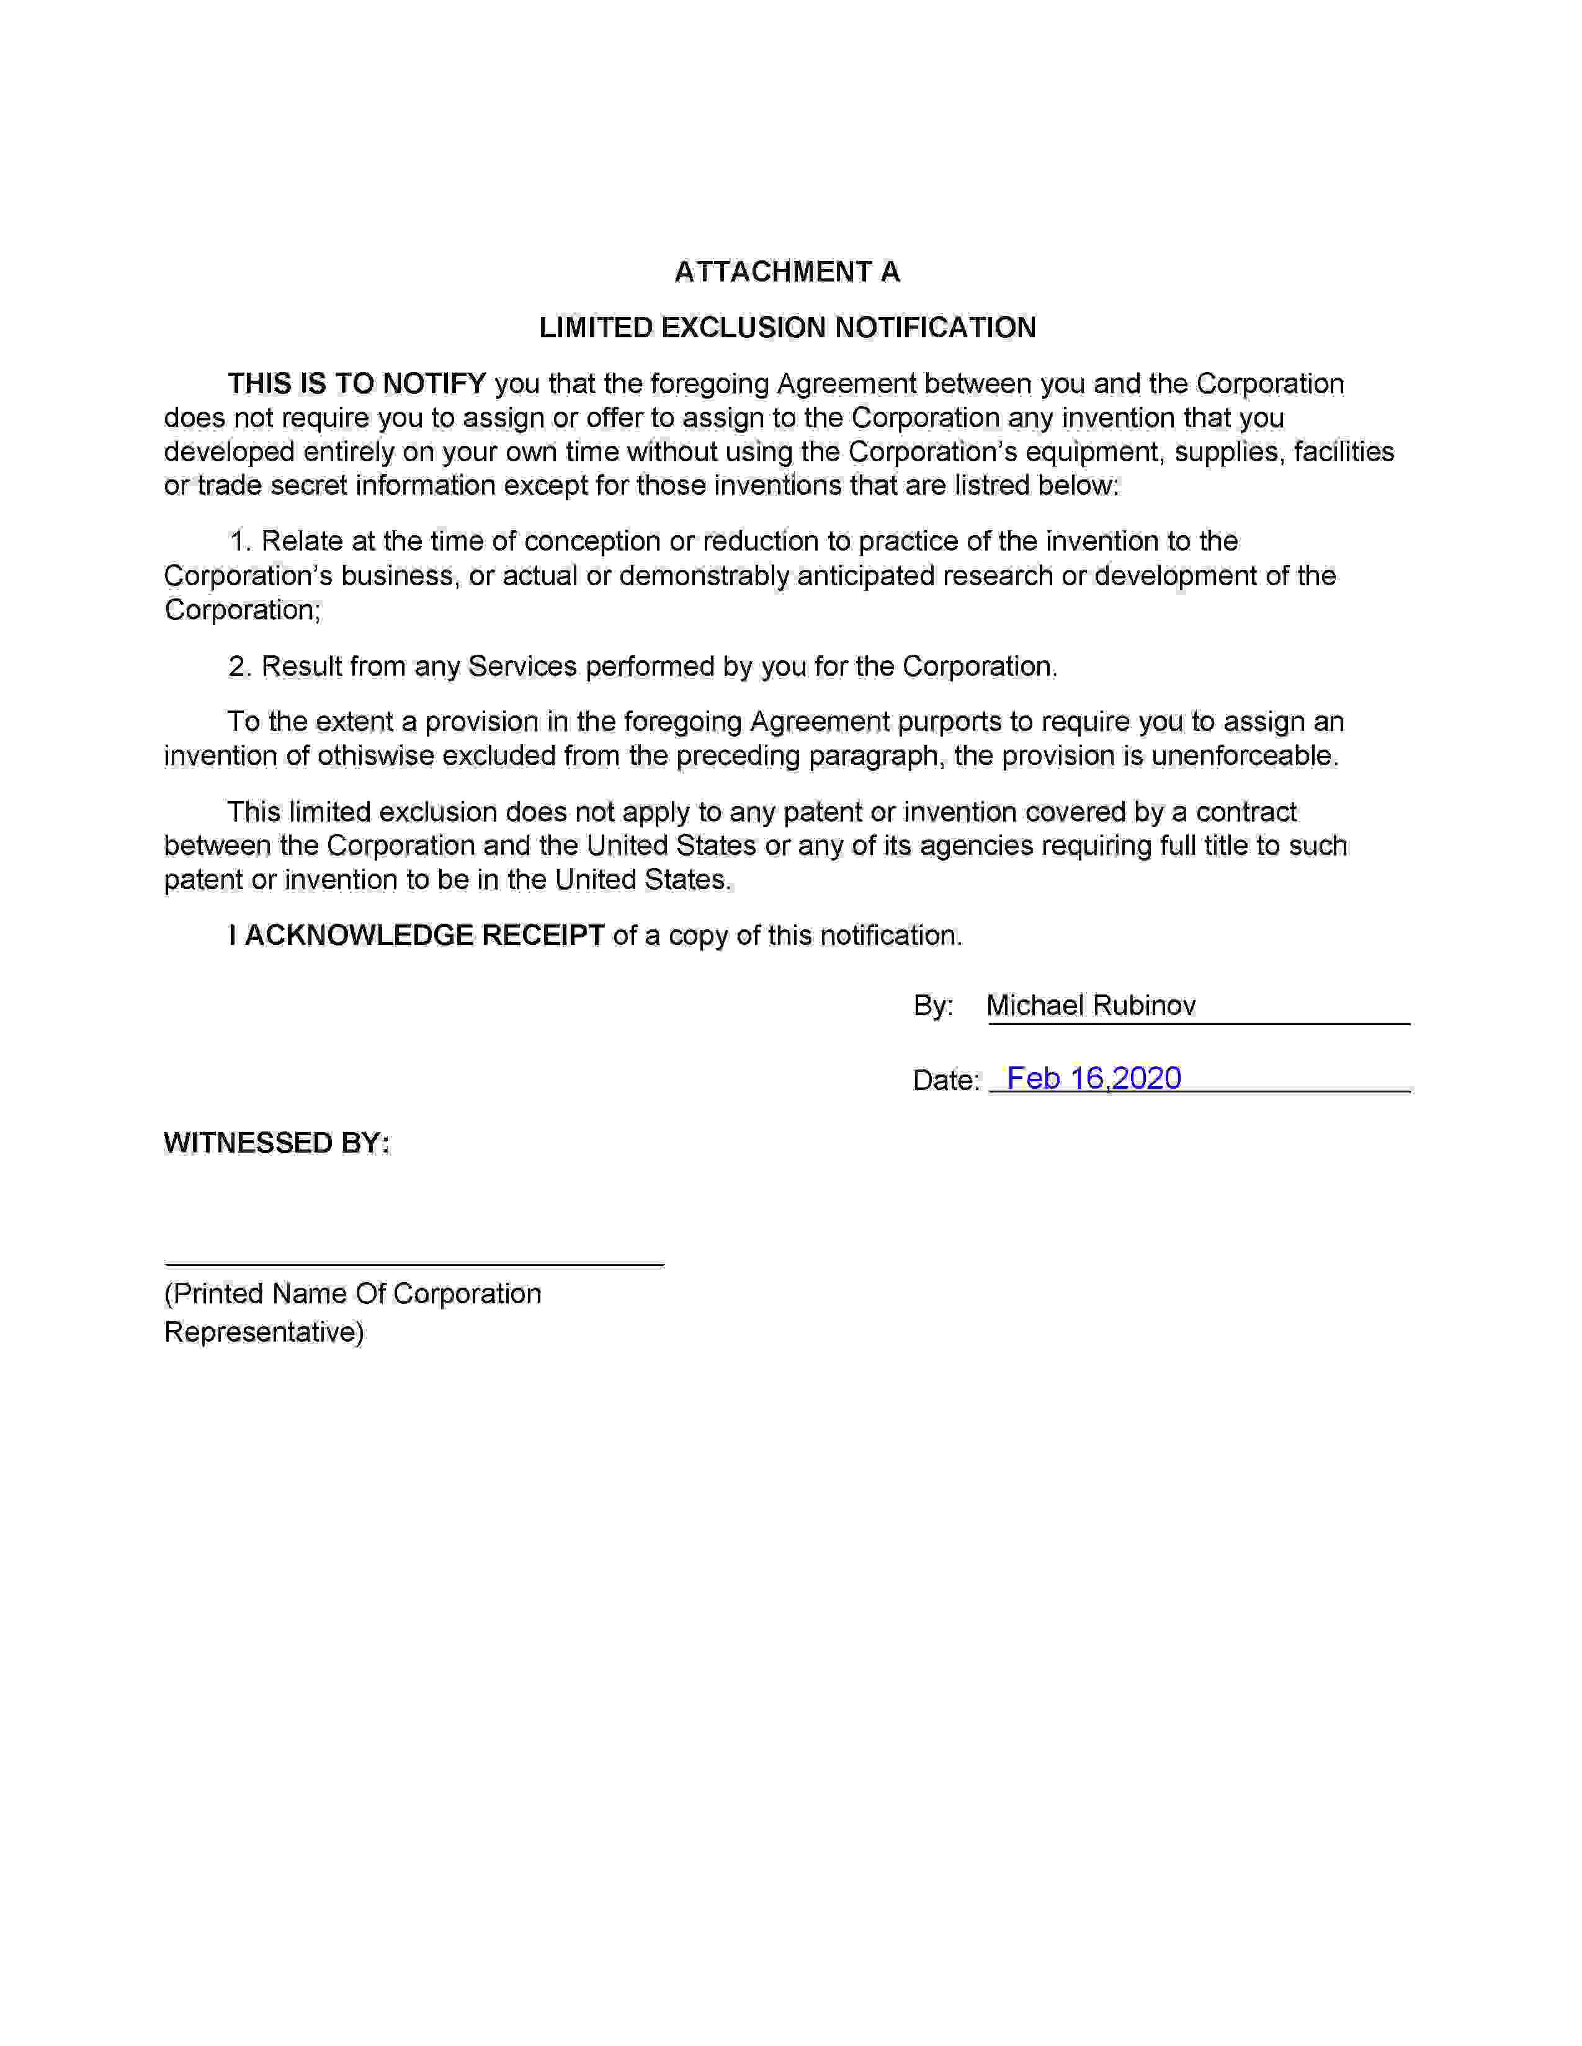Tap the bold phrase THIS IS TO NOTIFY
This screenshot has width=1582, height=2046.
pyautogui.click(x=356, y=384)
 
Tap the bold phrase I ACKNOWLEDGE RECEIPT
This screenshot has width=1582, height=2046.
pyautogui.click(x=416, y=936)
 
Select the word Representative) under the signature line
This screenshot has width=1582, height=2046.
pyautogui.click(x=263, y=1332)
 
